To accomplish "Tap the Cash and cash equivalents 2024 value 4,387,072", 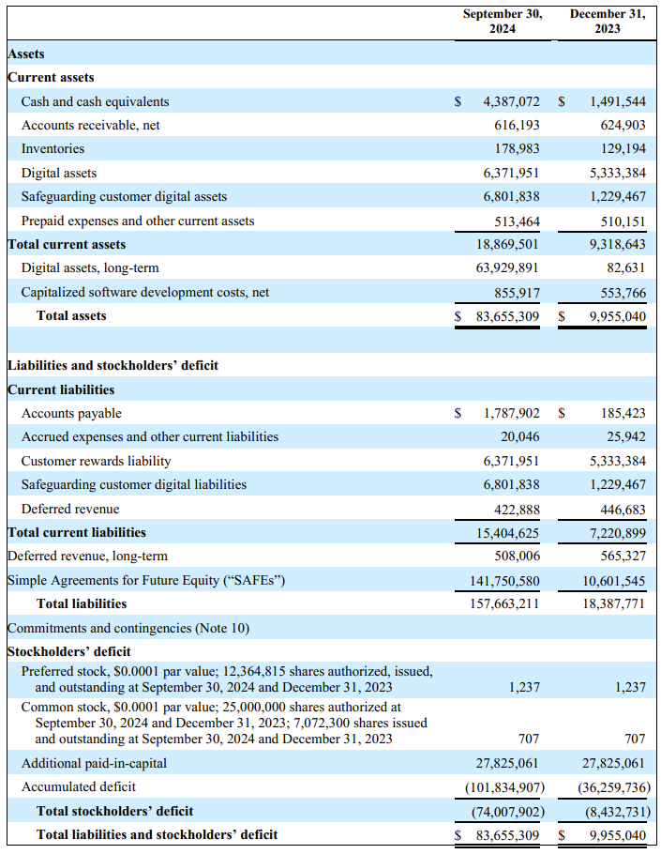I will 511,101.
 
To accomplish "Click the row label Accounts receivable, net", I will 91,125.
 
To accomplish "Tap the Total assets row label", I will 71,316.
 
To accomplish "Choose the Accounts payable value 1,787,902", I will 511,413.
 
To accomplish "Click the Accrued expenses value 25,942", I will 625,436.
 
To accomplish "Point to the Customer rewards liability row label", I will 97,461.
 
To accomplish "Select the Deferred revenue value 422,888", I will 517,509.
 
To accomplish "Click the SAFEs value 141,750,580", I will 504,580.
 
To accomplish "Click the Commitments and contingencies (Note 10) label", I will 128,628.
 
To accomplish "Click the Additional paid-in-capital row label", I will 89,763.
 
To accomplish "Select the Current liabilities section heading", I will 61,389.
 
